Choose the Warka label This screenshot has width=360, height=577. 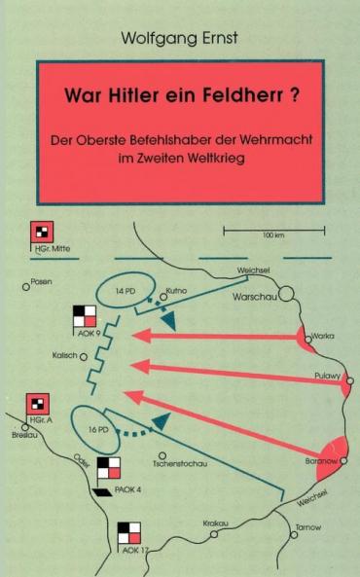pyautogui.click(x=324, y=335)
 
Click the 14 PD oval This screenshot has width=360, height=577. pyautogui.click(x=125, y=292)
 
